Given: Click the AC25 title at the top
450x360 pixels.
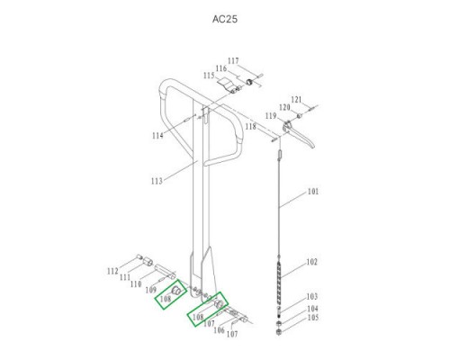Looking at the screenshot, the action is pyautogui.click(x=225, y=19).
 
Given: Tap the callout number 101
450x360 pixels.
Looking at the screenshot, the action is pyautogui.click(x=313, y=192).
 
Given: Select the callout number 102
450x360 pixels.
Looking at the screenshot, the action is pyautogui.click(x=311, y=262).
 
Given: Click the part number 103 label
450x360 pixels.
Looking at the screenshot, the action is pyautogui.click(x=312, y=296).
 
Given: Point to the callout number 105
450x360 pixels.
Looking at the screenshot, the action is pyautogui.click(x=312, y=317).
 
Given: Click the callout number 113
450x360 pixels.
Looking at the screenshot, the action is pyautogui.click(x=157, y=181).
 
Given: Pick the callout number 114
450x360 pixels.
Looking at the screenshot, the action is pyautogui.click(x=157, y=136).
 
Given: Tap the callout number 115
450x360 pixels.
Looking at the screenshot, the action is pyautogui.click(x=209, y=76).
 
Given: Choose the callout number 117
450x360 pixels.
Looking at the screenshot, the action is pyautogui.click(x=233, y=61).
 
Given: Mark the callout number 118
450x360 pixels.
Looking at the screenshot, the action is pyautogui.click(x=251, y=127).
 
